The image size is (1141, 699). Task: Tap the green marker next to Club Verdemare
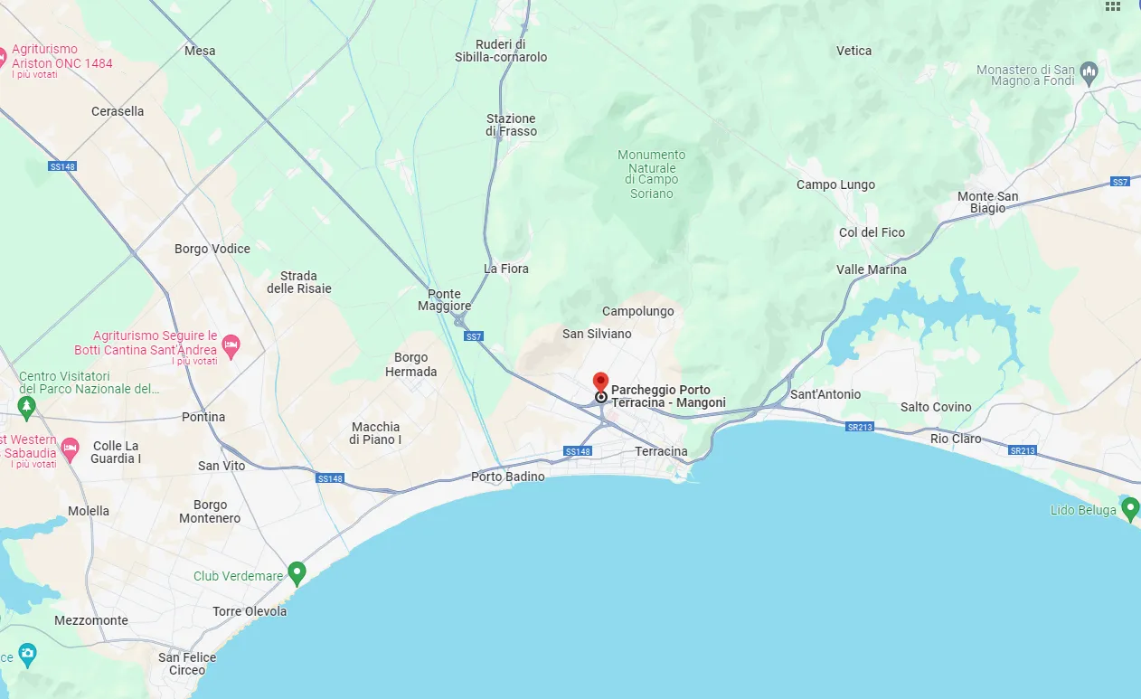point(297,572)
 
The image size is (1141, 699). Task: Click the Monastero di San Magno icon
point(1089,71)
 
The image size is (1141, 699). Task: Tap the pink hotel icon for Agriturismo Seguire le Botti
point(231,344)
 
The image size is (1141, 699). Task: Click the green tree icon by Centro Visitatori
point(27,404)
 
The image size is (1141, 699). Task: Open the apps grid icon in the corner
point(1113,6)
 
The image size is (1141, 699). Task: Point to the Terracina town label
point(661,451)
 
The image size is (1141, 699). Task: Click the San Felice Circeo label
point(187,664)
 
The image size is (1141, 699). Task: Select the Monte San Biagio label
point(987,203)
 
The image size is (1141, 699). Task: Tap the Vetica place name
point(853,51)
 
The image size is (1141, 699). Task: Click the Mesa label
point(200,51)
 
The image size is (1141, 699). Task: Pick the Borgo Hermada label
point(410,364)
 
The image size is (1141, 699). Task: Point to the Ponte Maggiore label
point(444,300)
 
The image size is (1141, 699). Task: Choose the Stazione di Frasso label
point(511,125)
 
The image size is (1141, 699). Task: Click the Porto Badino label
point(508,477)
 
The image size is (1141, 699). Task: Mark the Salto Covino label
point(936,407)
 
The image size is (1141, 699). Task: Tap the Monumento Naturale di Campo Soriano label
point(652,174)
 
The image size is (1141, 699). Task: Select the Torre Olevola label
point(250,611)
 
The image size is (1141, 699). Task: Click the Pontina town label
point(203,417)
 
